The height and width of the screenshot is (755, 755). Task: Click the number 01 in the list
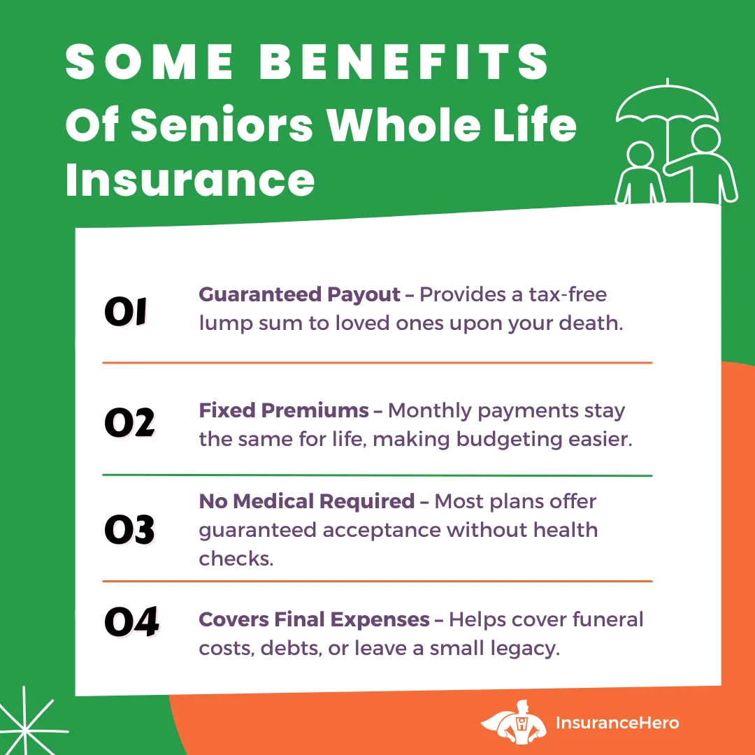126,312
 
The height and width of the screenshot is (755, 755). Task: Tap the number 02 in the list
129,423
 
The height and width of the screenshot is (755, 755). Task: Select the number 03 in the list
129,530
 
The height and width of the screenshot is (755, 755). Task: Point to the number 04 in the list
131,621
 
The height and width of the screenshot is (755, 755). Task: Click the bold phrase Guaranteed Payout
299,295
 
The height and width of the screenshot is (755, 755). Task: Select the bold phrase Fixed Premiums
284,410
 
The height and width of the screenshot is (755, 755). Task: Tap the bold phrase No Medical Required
306,502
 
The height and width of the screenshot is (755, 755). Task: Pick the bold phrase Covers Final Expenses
314,620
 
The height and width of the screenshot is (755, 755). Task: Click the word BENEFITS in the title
404,62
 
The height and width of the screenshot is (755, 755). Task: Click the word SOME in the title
150,62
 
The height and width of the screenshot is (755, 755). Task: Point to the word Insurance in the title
190,180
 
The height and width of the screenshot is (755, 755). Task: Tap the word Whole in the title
405,124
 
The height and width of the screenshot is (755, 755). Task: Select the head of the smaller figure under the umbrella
640,155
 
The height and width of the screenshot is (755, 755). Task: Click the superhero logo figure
514,721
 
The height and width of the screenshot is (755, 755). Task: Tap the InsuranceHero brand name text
617,723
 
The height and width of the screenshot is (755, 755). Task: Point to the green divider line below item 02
377,475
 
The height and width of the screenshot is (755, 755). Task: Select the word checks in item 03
236,559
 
